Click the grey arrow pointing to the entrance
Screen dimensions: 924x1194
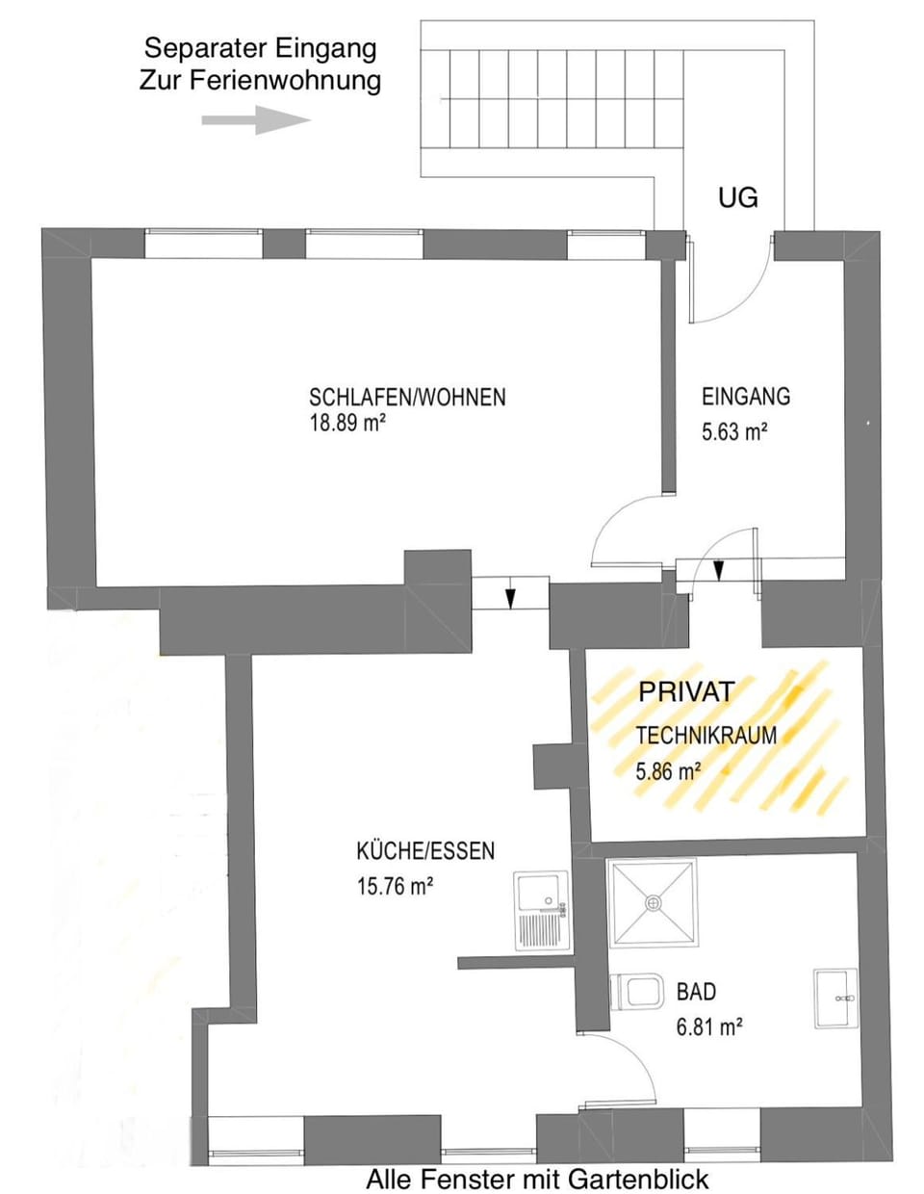pos(256,120)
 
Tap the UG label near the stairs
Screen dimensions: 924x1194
pos(738,197)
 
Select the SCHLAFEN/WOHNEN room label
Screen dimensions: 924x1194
pos(407,398)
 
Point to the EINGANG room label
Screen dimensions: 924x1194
pos(746,396)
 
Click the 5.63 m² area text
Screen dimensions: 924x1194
pos(734,432)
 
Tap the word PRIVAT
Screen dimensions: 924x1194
pos(686,691)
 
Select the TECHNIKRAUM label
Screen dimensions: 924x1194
pos(706,736)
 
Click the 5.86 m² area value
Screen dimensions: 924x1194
pos(668,771)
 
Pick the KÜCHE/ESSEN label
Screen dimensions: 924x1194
pos(425,851)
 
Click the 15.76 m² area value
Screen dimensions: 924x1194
pos(396,886)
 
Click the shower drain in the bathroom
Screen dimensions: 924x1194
pos(653,902)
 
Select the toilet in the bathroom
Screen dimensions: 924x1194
pos(637,992)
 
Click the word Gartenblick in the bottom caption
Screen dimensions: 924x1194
pos(638,1178)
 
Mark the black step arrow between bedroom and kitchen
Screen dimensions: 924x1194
pos(510,598)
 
